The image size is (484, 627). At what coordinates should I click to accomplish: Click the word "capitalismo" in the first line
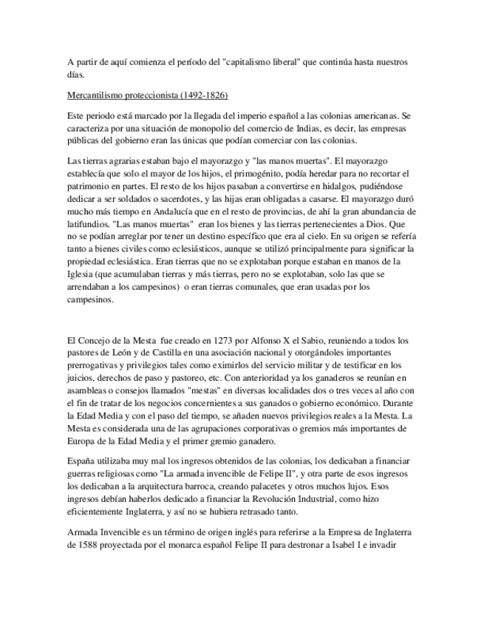[x=251, y=62]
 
